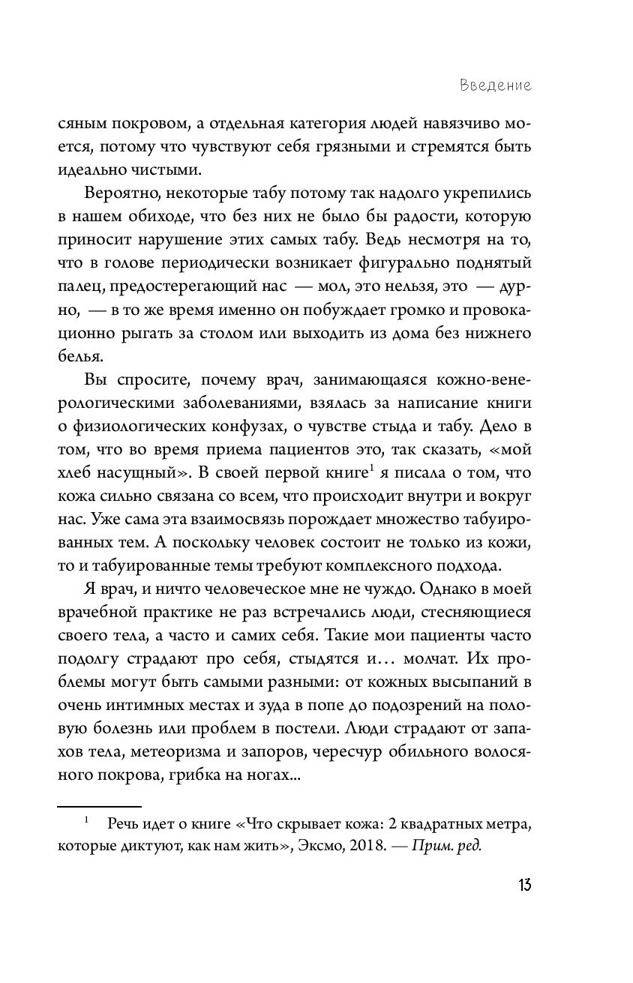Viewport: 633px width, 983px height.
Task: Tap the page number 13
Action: tap(523, 885)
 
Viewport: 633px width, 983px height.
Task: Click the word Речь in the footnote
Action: tap(123, 824)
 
